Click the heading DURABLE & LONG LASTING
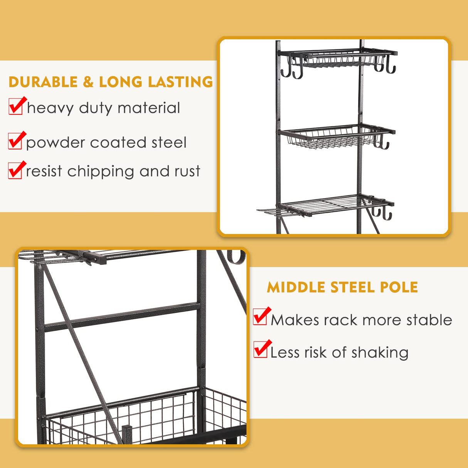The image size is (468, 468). (111, 82)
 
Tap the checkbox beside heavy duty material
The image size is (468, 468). (16, 107)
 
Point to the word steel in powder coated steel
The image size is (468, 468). (169, 143)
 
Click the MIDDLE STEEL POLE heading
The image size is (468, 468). (342, 287)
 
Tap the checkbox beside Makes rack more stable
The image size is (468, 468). (261, 317)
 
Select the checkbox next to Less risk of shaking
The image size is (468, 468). (261, 350)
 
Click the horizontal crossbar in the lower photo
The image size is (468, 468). (121, 317)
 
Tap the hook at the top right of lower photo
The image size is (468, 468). (236, 258)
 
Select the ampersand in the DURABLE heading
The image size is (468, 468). (88, 82)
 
